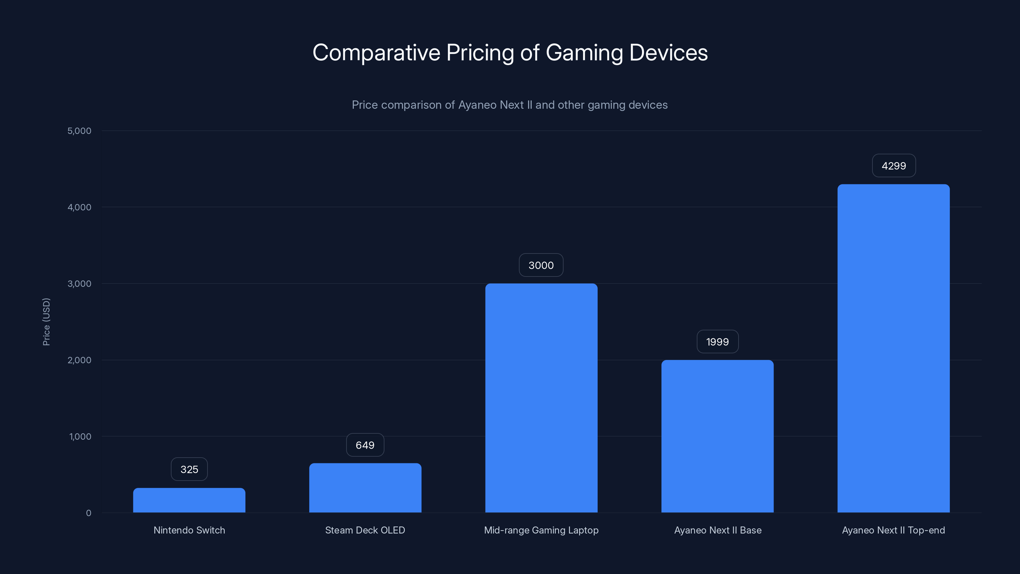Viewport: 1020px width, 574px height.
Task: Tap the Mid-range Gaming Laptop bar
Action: point(541,398)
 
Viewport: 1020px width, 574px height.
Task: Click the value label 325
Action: point(189,469)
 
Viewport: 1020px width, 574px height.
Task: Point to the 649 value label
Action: point(365,445)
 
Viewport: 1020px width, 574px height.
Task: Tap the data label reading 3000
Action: point(541,265)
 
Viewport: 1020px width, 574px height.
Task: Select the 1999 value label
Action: point(717,342)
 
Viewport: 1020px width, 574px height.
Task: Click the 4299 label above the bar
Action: point(894,166)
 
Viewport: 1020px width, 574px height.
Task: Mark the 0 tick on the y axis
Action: point(88,513)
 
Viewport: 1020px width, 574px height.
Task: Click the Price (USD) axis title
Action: point(46,322)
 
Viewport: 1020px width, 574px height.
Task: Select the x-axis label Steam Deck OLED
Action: point(365,530)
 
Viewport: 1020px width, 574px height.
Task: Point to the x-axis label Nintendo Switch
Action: point(189,530)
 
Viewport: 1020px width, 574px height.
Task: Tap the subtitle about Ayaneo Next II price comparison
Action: point(510,105)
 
